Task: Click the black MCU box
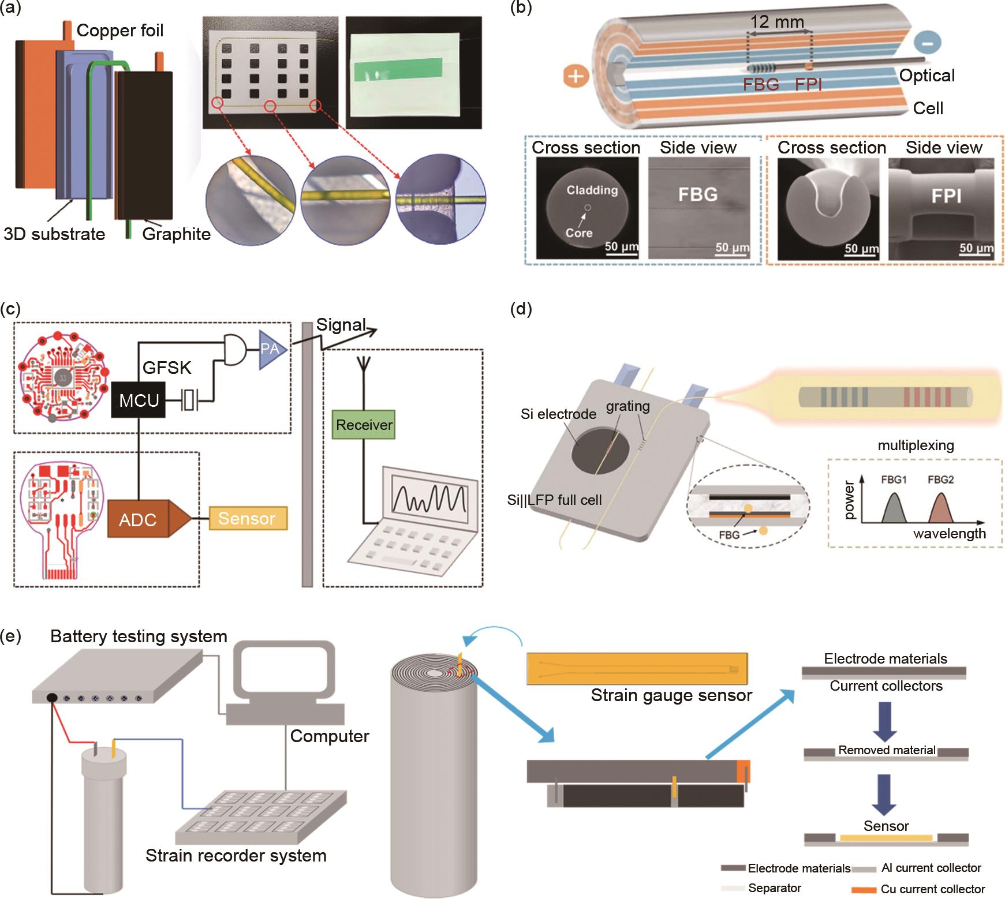138,400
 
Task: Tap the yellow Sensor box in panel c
248,518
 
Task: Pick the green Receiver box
364,425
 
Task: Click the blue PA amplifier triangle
271,349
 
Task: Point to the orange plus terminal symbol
576,76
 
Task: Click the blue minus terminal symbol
928,42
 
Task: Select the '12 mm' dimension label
776,22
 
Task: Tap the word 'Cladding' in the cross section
592,190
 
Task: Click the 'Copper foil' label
120,30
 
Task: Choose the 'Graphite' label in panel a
176,234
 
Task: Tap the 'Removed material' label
886,750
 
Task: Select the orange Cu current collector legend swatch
864,890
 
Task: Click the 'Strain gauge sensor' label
671,695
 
